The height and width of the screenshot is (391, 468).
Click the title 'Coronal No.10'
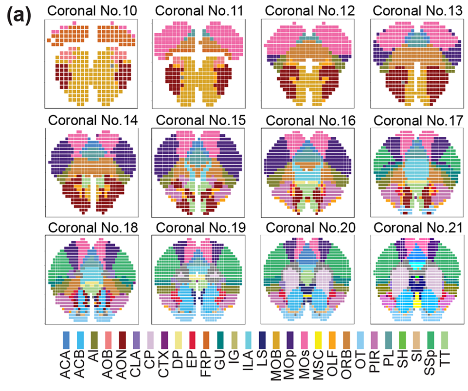pos(92,11)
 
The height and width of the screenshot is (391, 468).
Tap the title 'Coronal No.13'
pos(417,11)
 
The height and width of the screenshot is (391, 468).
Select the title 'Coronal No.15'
pos(201,120)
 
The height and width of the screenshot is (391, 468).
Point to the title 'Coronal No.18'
pos(93,228)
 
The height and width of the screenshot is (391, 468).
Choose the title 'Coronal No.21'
pos(418,228)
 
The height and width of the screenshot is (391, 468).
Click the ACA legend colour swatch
pos(66,340)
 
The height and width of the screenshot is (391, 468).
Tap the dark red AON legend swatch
pos(123,340)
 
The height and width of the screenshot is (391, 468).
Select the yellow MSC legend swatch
pos(318,340)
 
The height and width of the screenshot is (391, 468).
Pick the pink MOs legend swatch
pos(304,340)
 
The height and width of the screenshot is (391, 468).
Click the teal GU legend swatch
pos(220,340)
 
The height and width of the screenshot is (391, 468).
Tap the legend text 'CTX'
pos(164,364)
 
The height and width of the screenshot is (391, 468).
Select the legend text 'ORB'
pos(346,364)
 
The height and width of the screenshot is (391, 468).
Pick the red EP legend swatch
pos(192,340)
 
